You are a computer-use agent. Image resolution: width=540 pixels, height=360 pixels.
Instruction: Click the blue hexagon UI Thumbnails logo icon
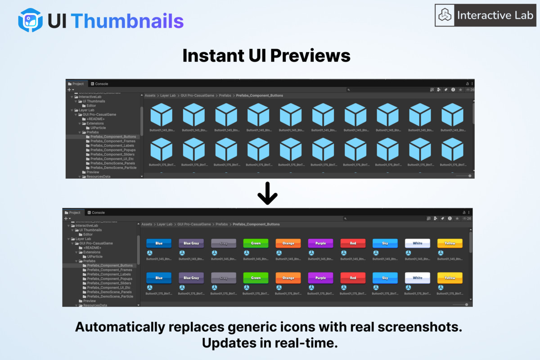coord(31,20)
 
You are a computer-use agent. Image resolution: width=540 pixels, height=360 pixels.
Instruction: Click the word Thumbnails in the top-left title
coord(127,21)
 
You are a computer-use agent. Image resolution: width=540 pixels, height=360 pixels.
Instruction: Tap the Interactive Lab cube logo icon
coord(445,15)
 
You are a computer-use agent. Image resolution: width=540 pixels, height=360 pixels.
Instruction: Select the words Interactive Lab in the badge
coord(495,15)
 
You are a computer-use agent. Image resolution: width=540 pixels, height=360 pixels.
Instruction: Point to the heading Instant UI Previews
coord(266,56)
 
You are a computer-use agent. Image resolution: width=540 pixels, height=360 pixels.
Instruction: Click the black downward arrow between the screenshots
coord(267,193)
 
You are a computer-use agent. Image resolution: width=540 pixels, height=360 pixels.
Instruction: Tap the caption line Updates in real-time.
coord(269,343)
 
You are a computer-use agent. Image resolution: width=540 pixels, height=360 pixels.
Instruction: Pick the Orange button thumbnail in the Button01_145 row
coord(288,243)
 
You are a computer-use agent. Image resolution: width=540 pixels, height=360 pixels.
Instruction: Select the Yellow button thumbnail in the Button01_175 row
coord(450,278)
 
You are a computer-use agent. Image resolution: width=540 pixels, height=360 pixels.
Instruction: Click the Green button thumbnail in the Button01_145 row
coord(256,243)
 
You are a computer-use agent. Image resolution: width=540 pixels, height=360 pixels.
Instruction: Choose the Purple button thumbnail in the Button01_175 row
coord(320,278)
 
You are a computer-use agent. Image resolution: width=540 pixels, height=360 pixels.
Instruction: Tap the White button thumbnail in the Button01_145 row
coord(417,243)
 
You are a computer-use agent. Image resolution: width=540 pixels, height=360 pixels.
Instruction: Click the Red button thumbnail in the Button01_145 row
coord(353,243)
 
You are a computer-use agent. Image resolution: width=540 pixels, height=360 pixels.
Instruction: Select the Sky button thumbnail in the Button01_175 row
coord(385,278)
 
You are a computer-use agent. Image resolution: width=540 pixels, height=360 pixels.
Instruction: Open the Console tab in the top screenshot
coord(101,84)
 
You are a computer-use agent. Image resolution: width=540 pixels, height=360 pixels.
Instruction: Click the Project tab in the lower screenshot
coord(75,212)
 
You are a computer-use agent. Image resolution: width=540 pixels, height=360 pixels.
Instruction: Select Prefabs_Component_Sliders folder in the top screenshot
coord(112,154)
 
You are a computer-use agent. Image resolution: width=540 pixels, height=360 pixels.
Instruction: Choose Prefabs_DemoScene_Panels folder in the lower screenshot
coord(111,292)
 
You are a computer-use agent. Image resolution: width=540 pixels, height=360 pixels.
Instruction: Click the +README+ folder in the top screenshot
coord(95,119)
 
